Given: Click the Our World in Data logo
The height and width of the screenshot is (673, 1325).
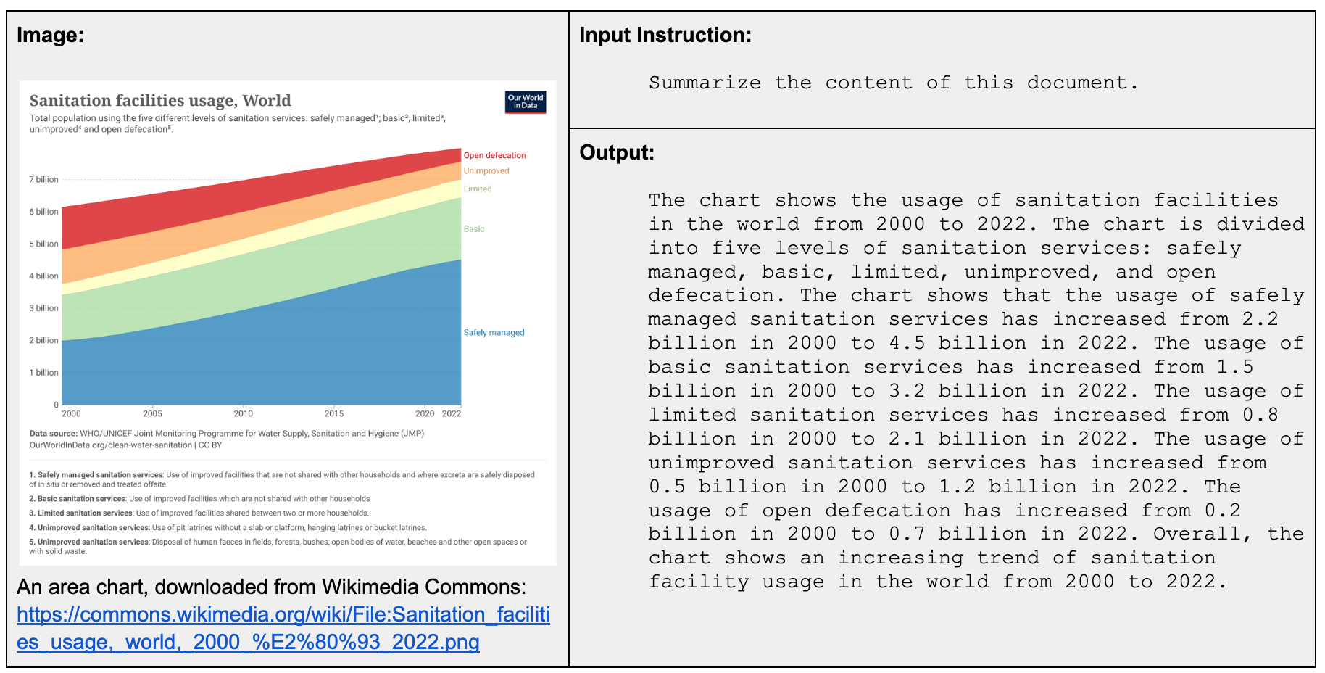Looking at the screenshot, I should (x=525, y=102).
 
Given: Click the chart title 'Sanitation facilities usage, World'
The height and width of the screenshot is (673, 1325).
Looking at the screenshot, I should (x=160, y=101).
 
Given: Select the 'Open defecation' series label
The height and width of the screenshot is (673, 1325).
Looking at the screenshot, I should (x=494, y=155).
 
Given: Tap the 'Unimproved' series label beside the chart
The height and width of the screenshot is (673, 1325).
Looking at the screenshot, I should (x=486, y=171).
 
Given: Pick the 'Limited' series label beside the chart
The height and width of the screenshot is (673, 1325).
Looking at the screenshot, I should (x=477, y=189).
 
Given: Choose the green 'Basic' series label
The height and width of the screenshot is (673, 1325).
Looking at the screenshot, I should (x=473, y=229).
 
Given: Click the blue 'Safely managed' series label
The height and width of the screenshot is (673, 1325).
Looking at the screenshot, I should (x=494, y=333).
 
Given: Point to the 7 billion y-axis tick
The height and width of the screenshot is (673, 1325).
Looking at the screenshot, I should (x=43, y=179).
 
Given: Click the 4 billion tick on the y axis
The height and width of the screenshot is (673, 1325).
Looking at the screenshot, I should (x=43, y=276).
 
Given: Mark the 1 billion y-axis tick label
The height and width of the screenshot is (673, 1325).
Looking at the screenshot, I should (x=43, y=373).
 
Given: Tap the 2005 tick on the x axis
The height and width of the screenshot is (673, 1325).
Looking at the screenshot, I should (x=152, y=414).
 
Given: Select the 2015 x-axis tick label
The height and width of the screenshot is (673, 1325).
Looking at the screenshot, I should (x=333, y=414).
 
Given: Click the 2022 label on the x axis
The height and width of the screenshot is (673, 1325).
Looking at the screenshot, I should (x=452, y=414).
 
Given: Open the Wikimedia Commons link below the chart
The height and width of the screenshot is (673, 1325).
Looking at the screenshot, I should (x=283, y=628).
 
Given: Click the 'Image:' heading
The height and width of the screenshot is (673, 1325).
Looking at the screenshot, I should (x=50, y=35).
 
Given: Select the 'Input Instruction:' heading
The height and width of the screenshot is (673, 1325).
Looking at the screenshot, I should (x=665, y=35).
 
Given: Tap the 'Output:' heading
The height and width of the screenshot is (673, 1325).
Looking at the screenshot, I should (x=616, y=152).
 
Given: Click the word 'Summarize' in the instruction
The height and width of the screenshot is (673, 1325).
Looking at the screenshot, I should (x=705, y=83).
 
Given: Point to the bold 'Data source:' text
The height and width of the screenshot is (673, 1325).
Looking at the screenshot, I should (x=53, y=434).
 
